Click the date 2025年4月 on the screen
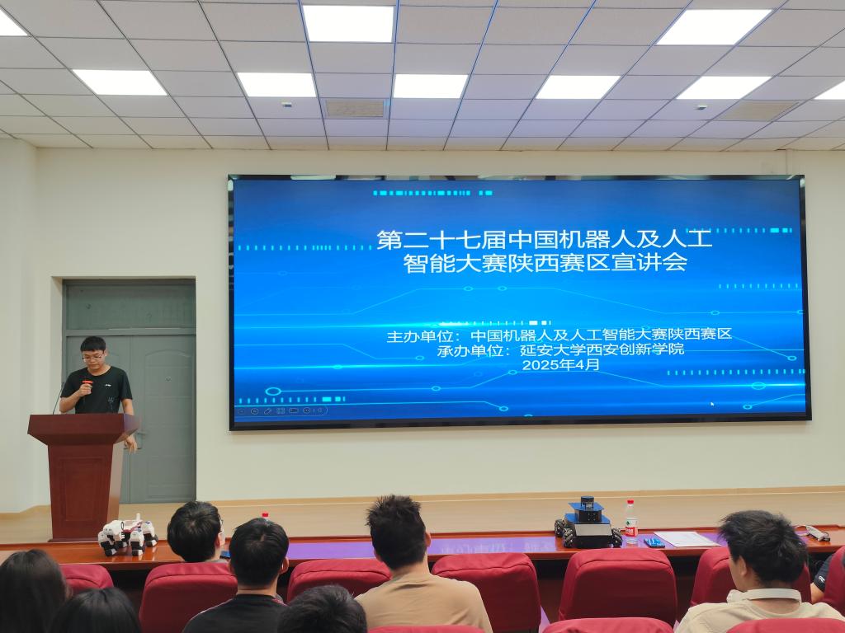coord(560,365)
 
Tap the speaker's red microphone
coord(87,386)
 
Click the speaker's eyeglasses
coord(92,356)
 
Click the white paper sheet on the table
coord(687,539)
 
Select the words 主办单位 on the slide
coord(418,337)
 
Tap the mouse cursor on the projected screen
coord(712,403)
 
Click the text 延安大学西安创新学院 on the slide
coord(602,349)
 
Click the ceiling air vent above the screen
coord(355,108)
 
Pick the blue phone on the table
coord(654,542)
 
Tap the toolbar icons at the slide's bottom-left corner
coord(281,410)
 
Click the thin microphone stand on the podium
coord(58,398)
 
